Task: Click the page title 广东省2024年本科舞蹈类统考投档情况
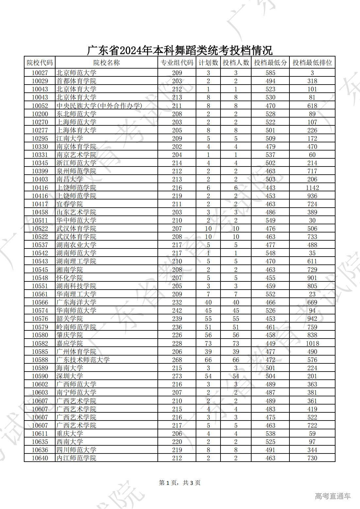point(180,50)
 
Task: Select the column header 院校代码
point(40,63)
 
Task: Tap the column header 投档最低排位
point(312,63)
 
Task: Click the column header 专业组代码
point(177,63)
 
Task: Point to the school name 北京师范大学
point(76,73)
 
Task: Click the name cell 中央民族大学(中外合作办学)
point(99,106)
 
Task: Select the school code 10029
point(40,81)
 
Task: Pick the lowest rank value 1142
point(312,188)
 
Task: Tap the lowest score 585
point(270,73)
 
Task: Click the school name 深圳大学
point(70,376)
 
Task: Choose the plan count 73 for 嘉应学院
point(208,343)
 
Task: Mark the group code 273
point(177,376)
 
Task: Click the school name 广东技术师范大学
point(83,360)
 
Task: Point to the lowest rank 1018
point(312,343)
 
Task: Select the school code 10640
point(40,458)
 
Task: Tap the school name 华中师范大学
point(76,220)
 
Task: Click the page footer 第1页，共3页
point(180,483)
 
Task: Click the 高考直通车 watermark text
point(333,496)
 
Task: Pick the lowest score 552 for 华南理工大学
point(270,294)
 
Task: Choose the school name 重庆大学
point(70,434)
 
